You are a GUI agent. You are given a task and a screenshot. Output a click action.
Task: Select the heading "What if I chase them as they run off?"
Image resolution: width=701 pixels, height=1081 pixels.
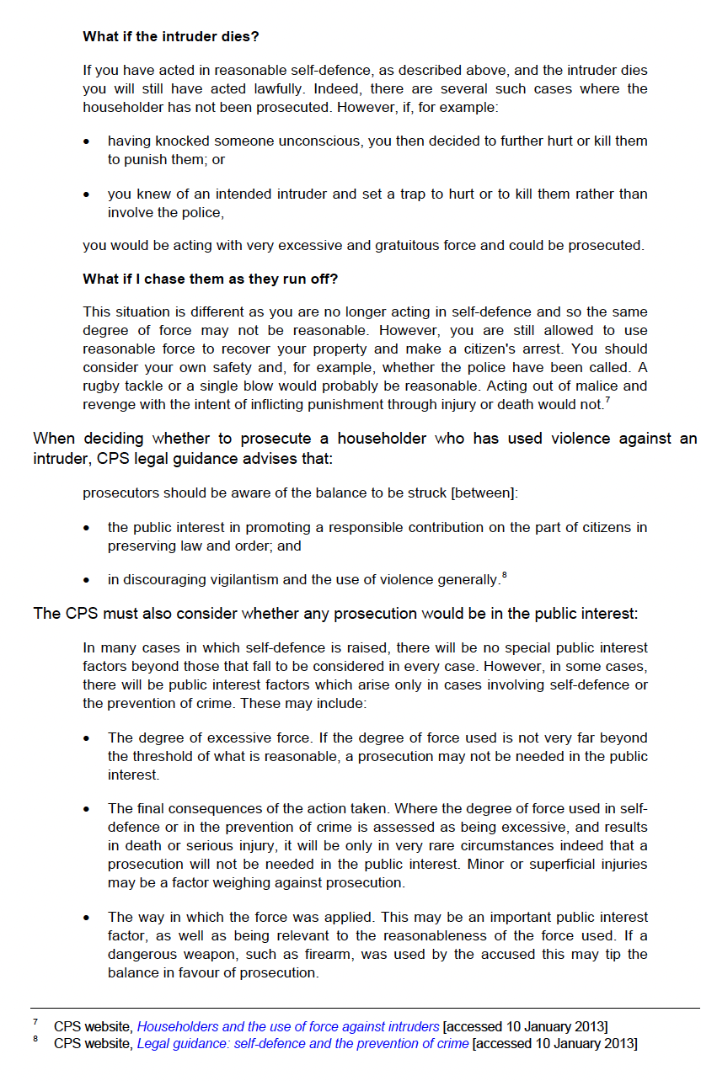pos(211,280)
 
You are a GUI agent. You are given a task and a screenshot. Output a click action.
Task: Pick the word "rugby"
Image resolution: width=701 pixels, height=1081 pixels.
pos(101,386)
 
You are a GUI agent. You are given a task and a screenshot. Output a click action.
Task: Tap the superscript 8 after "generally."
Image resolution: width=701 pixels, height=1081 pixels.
pos(504,575)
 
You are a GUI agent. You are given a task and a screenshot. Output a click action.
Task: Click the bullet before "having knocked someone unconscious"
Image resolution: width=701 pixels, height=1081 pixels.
pos(87,141)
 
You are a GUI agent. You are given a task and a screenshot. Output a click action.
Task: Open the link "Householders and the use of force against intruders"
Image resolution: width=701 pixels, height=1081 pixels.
pos(288,1026)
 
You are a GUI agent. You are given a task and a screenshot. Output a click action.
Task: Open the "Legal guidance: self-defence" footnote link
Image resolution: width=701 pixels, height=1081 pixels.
pos(303,1044)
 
